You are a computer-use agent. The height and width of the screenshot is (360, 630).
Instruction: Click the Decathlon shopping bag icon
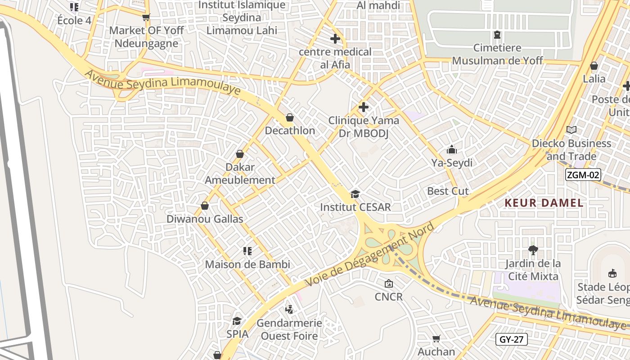[x=290, y=118]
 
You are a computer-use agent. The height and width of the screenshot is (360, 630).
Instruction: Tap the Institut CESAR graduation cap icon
[x=355, y=194]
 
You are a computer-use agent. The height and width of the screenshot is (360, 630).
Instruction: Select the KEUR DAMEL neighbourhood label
[x=544, y=203]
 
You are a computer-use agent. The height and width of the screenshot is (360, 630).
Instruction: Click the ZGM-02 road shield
[x=583, y=175]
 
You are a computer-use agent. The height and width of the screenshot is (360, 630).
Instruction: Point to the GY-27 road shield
[x=512, y=339]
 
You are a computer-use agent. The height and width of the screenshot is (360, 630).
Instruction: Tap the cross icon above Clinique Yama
[x=363, y=108]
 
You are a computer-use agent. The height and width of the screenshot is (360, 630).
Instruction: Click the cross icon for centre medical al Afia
[x=335, y=39]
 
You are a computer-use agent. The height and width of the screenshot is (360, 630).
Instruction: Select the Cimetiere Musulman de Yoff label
[x=497, y=54]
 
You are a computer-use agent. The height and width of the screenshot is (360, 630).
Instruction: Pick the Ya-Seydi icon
[x=451, y=150]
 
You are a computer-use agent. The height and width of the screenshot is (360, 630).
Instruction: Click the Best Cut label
[x=448, y=191]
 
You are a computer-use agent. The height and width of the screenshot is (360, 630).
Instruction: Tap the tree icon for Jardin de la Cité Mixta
[x=533, y=250]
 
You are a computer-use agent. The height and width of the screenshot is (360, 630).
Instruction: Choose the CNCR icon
[x=388, y=283]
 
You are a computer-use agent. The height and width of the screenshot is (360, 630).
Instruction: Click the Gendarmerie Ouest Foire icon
[x=289, y=310]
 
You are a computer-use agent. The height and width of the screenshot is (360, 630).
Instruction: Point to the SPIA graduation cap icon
[x=237, y=321]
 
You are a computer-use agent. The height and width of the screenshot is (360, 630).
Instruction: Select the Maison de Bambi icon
[x=247, y=251]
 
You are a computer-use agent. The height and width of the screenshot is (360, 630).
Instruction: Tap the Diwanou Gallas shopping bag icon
[x=205, y=206]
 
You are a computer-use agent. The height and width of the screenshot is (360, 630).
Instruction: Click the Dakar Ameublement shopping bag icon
[x=240, y=154]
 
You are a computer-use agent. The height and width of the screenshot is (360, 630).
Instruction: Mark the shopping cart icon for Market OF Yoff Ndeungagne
[x=146, y=18]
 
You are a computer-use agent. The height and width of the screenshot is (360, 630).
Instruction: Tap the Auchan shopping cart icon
[x=436, y=338]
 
